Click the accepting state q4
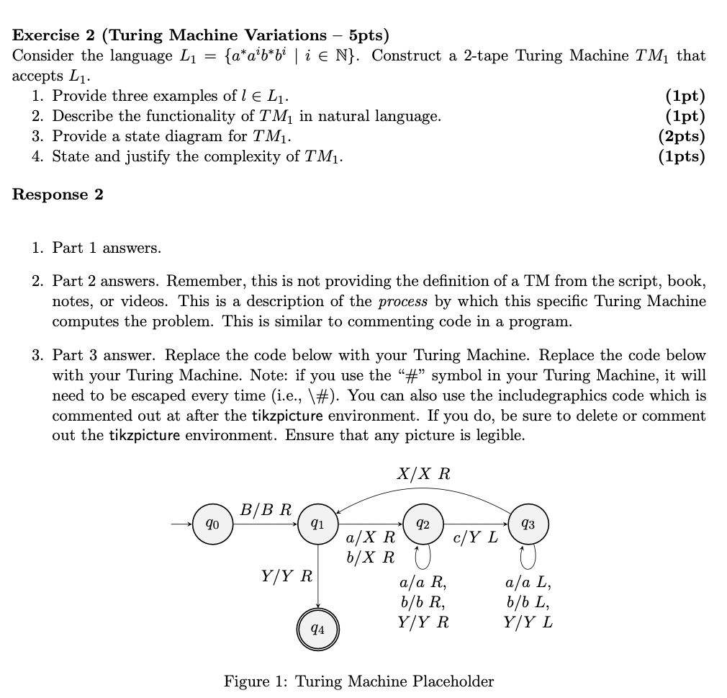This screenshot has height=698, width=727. [x=317, y=629]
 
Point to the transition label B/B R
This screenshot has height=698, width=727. [x=266, y=510]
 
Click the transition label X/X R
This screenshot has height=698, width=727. [x=423, y=473]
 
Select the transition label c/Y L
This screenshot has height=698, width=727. [x=476, y=537]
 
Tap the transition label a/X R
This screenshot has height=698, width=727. [x=371, y=537]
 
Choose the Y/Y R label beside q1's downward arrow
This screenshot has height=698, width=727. [x=286, y=576]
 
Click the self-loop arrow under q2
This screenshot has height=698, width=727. [x=423, y=555]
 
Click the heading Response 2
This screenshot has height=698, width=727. [x=58, y=194]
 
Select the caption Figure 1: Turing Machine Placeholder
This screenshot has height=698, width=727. [x=358, y=681]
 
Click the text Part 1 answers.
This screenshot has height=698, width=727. [x=107, y=248]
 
